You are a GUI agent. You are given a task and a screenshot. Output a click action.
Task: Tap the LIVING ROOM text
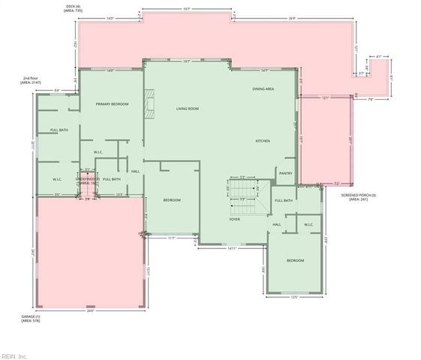click(187, 109)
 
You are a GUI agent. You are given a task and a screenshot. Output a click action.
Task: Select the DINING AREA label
click(263, 88)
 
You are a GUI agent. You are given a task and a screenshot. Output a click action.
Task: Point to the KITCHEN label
click(263, 141)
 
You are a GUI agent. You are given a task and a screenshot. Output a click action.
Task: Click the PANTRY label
click(285, 173)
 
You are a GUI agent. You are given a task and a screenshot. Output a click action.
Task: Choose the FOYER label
click(235, 219)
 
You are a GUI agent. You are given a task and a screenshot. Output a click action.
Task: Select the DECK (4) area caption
click(73, 9)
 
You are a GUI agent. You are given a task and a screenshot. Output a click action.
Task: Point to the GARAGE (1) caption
click(31, 319)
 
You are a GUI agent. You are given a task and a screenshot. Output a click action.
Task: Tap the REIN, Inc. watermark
click(14, 356)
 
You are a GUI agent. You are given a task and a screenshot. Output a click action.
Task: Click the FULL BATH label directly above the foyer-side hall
click(283, 200)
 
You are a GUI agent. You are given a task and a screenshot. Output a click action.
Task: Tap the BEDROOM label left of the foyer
click(173, 199)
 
